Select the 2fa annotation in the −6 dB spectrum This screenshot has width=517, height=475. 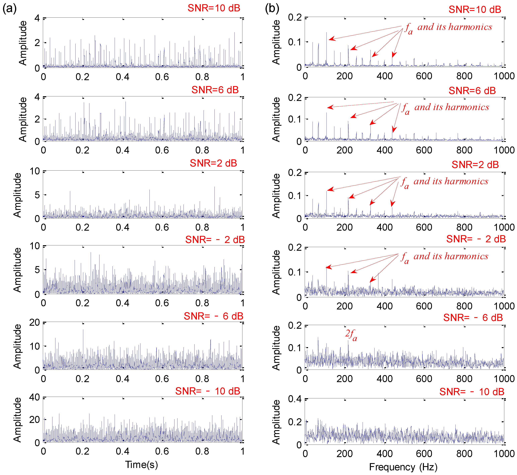(351, 335)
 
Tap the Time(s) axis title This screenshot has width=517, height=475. (141, 464)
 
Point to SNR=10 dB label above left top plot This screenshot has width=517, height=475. (214, 8)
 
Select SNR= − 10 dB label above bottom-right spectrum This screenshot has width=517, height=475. (472, 392)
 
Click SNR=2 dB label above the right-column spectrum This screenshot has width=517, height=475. (475, 165)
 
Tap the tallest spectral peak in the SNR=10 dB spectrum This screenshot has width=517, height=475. (326, 33)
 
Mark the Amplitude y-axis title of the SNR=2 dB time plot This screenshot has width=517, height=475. (17, 195)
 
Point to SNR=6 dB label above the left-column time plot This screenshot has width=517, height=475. (215, 90)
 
